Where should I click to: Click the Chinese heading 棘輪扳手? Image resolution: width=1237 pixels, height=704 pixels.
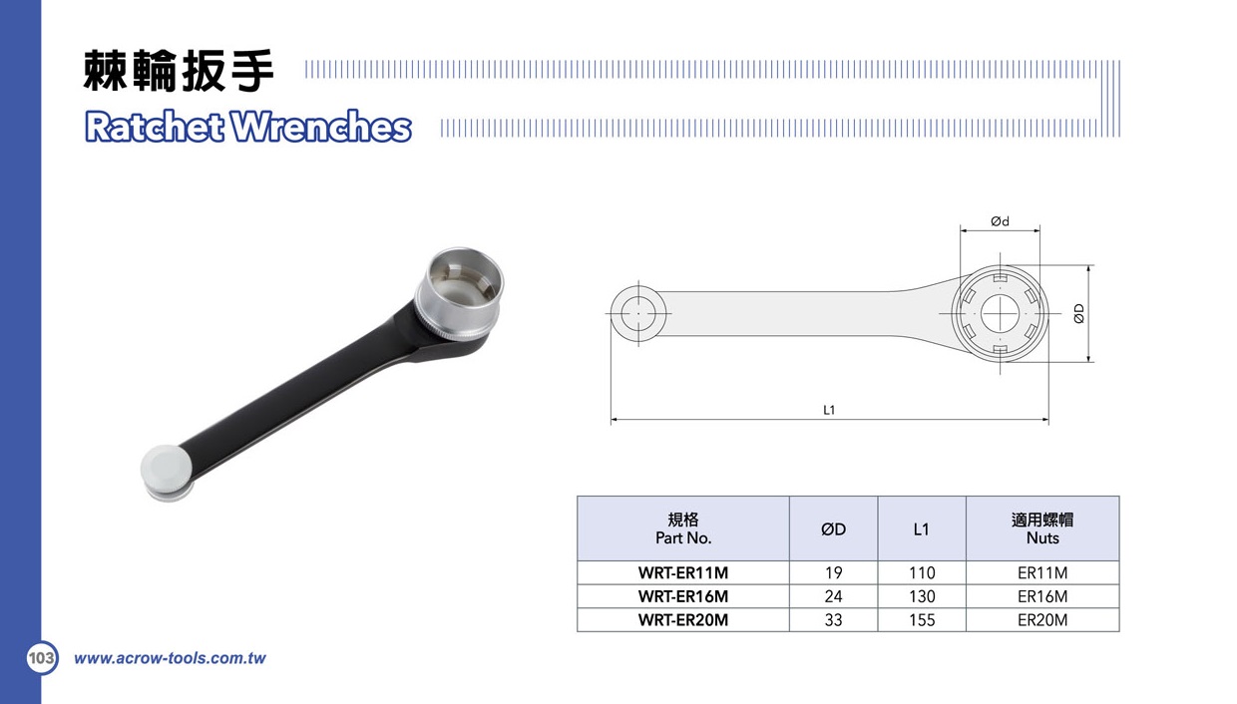[179, 70]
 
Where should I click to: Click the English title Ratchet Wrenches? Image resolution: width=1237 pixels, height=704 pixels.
[248, 127]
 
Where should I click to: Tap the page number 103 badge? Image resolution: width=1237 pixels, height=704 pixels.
[42, 657]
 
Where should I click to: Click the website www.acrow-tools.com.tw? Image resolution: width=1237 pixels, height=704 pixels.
[170, 658]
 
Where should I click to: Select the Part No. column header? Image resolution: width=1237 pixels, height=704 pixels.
[683, 528]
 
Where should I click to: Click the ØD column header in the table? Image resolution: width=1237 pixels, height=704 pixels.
[833, 528]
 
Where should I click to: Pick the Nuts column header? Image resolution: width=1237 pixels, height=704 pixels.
[1042, 528]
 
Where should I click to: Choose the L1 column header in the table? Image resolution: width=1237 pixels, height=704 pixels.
[922, 528]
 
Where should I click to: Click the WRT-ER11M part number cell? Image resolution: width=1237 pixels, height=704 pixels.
[683, 572]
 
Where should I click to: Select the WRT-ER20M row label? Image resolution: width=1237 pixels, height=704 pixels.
[683, 619]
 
